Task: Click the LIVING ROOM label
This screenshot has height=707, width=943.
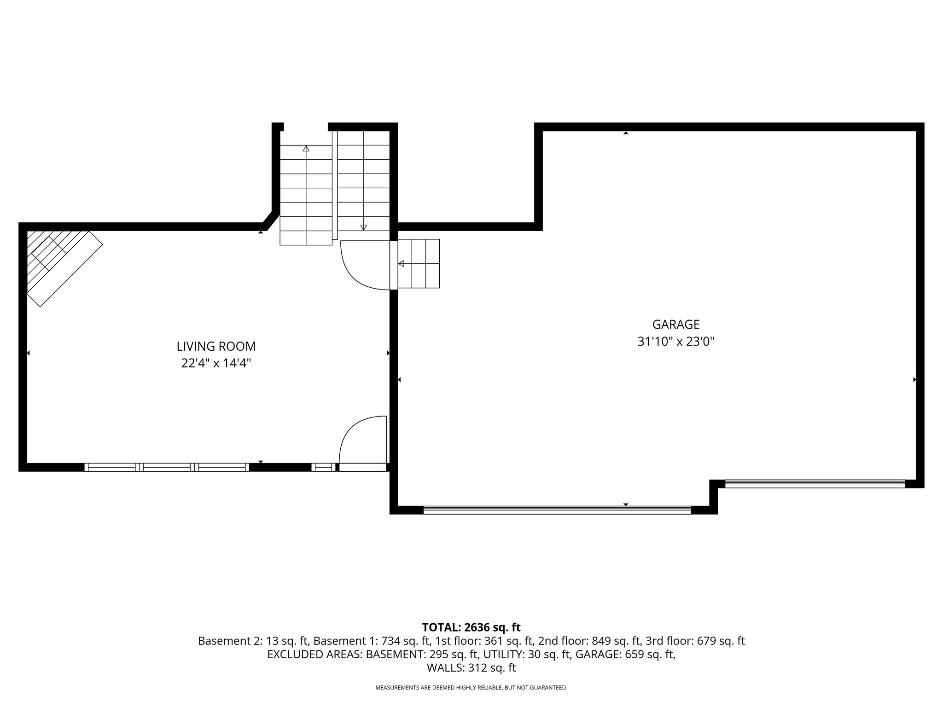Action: click(x=216, y=346)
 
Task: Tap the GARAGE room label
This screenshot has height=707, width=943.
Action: click(x=675, y=325)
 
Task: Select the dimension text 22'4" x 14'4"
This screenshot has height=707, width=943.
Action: click(x=216, y=364)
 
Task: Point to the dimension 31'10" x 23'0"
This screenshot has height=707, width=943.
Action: click(x=675, y=342)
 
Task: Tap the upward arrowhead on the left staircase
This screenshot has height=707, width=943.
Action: click(x=306, y=149)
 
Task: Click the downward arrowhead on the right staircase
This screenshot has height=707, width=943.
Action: click(x=364, y=227)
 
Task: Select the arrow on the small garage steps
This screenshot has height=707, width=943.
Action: click(x=401, y=264)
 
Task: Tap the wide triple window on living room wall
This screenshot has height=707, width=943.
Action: click(x=166, y=467)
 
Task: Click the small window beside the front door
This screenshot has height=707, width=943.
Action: click(x=323, y=467)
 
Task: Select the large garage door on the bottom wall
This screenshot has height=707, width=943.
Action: click(x=557, y=510)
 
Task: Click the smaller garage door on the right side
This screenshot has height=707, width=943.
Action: click(x=815, y=484)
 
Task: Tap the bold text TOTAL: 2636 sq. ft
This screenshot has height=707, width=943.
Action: click(x=471, y=627)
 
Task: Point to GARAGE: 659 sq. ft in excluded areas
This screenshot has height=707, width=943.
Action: click(x=625, y=655)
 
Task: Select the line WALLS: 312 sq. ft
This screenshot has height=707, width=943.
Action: click(x=471, y=668)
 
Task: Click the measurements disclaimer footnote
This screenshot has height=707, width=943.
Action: click(x=471, y=688)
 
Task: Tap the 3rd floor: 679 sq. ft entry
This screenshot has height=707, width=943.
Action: click(x=695, y=641)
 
